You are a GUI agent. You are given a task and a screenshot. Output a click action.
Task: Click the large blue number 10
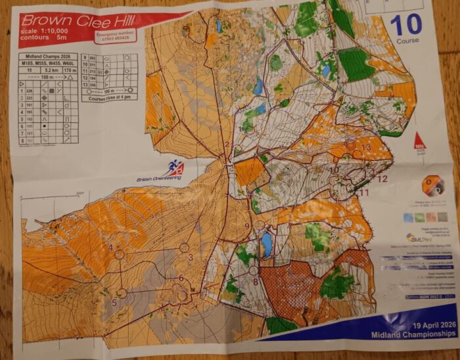405,26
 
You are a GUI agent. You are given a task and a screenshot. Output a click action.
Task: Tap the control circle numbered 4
120,255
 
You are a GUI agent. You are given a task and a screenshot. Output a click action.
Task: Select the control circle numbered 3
184,248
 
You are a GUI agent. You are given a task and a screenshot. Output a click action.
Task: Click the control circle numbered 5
122,293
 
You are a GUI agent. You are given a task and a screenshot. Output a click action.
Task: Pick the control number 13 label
365,147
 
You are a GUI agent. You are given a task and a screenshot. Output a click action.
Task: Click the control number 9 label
247,227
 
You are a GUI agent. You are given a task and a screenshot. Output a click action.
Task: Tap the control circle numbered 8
253,270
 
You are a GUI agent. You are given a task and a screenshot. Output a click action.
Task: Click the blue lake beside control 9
266,245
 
